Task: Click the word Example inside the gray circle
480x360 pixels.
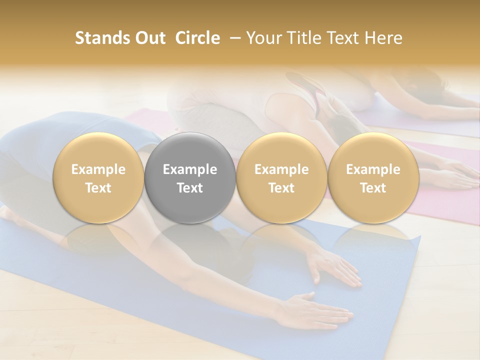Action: [190, 169]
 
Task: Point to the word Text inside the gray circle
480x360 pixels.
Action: [190, 188]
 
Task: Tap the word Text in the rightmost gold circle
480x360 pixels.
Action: [373, 188]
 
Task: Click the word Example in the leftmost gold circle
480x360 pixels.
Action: [98, 169]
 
